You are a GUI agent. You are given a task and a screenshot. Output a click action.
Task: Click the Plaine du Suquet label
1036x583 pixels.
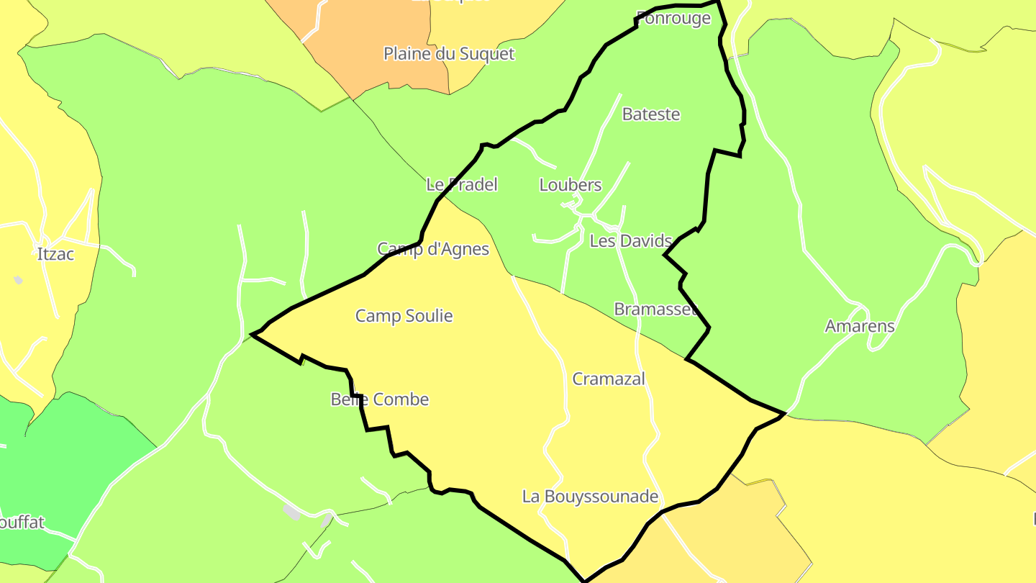tap(449, 54)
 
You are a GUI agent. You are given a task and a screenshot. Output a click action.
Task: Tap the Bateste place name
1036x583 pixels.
tap(650, 114)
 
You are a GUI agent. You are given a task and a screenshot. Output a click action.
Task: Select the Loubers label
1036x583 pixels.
tap(570, 185)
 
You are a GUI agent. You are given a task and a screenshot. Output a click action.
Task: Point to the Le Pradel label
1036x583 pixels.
tap(462, 185)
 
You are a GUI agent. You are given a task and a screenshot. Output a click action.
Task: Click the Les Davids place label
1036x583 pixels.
tap(630, 241)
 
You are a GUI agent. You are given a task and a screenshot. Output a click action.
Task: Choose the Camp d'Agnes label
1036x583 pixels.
tap(433, 249)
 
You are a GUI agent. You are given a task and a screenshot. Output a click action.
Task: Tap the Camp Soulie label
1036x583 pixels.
tap(404, 316)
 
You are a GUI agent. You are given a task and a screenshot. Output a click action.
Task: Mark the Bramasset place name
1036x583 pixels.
tap(655, 309)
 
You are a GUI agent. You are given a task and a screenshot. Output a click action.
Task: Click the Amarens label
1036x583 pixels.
tap(859, 326)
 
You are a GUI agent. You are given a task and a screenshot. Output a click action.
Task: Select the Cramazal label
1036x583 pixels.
tap(609, 379)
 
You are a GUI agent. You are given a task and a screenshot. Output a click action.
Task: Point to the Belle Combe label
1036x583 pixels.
tap(379, 399)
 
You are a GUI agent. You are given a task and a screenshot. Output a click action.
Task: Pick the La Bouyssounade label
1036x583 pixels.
tap(590, 497)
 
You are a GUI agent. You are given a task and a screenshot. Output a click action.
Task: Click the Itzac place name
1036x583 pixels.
tap(55, 254)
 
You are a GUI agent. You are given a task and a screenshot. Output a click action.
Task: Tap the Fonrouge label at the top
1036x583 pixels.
tap(674, 19)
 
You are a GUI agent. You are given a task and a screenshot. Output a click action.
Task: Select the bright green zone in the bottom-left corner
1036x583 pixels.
tap(58, 461)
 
